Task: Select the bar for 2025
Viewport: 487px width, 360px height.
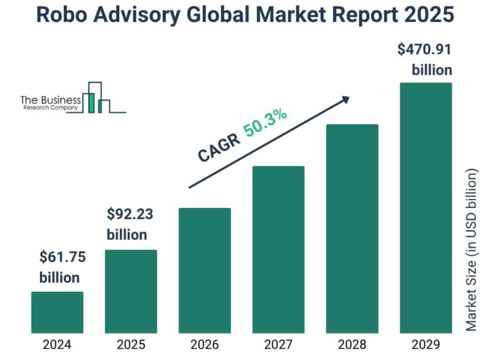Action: (x=131, y=291)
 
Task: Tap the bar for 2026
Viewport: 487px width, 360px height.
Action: (x=205, y=270)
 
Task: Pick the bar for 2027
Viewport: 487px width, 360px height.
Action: (x=278, y=249)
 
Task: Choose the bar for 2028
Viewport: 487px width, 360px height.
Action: (x=352, y=228)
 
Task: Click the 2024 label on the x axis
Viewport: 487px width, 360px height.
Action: (x=57, y=345)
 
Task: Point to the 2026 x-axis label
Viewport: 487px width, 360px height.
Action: (x=205, y=345)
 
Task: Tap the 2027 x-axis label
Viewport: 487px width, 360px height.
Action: (x=278, y=345)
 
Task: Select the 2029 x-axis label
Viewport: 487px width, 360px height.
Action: (x=426, y=345)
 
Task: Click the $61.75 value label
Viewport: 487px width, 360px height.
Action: (x=62, y=257)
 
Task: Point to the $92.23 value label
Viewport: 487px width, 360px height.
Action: (x=130, y=214)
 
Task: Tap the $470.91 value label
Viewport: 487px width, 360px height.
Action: (x=425, y=50)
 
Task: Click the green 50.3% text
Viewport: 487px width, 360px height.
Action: (x=265, y=122)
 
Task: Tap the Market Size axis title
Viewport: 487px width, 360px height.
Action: (x=473, y=250)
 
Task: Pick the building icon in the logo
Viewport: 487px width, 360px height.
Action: (x=97, y=98)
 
